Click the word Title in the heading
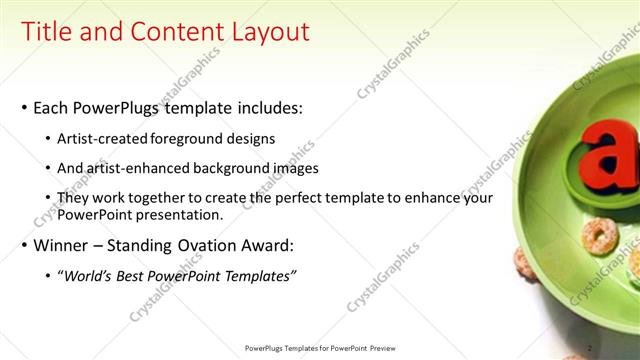click(49, 32)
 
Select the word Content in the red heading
click(171, 32)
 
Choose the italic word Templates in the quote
click(258, 276)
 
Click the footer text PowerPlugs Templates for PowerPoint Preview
click(319, 347)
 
